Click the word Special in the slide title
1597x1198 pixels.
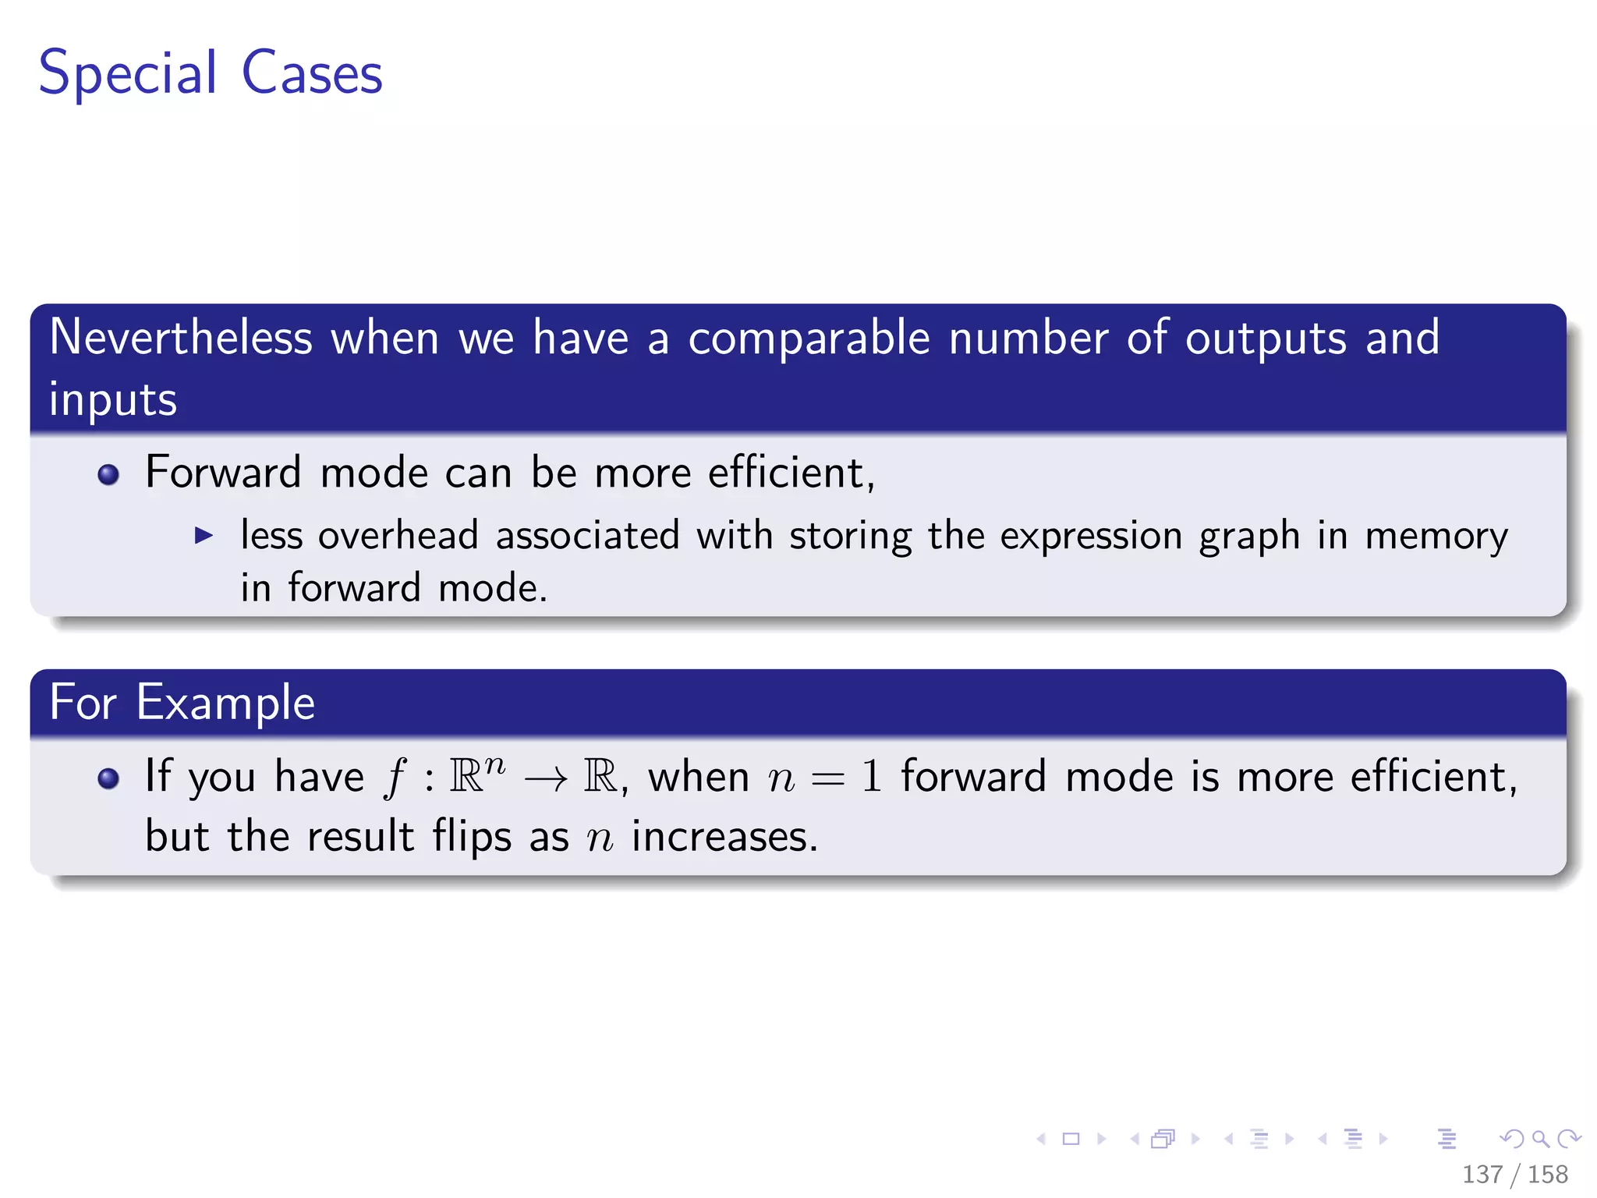(127, 73)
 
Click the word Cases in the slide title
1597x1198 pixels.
(312, 73)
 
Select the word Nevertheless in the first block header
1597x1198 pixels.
(181, 338)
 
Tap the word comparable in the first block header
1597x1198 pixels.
(809, 338)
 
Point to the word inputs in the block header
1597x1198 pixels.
(113, 400)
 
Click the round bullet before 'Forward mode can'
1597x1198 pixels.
(108, 474)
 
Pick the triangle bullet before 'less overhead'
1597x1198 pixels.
(204, 535)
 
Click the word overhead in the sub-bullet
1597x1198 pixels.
(398, 536)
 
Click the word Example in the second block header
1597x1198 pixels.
(225, 704)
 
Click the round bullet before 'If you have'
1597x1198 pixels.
(108, 778)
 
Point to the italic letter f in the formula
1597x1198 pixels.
(395, 778)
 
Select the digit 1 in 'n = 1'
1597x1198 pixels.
(871, 777)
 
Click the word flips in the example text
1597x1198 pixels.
(472, 837)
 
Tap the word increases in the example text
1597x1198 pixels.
(724, 837)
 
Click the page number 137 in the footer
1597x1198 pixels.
(1482, 1174)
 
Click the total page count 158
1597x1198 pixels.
(1547, 1174)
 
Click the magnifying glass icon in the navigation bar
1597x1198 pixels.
(1540, 1139)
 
